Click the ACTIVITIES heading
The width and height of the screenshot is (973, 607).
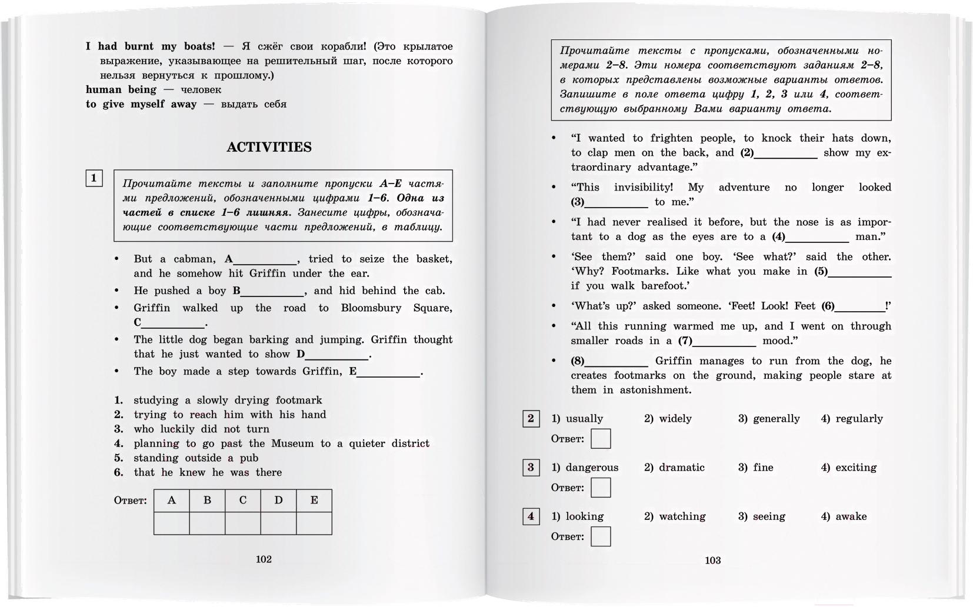click(269, 147)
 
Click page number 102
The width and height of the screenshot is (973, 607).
click(264, 559)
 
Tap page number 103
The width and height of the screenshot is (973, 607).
click(712, 561)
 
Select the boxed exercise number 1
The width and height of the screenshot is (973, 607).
click(94, 178)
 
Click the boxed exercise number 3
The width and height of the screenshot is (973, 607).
click(531, 468)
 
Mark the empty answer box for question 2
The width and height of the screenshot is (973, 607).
click(601, 439)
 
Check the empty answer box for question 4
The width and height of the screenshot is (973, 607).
click(601, 536)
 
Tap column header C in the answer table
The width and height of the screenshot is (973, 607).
click(243, 501)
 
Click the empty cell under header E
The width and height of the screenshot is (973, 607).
click(314, 523)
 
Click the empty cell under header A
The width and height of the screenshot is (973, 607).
click(172, 523)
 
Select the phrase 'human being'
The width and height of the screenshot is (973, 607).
click(121, 90)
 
